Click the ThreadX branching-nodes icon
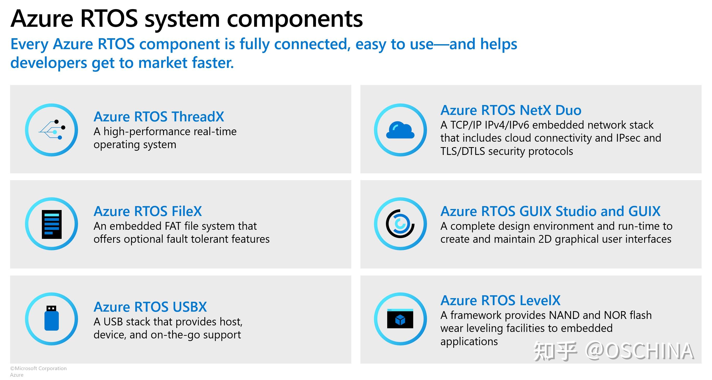pyautogui.click(x=52, y=130)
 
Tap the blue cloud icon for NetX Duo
pyautogui.click(x=400, y=130)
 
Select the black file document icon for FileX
pyautogui.click(x=52, y=224)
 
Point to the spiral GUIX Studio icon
pyautogui.click(x=400, y=224)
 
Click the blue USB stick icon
pyautogui.click(x=52, y=318)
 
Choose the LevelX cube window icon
pyautogui.click(x=400, y=318)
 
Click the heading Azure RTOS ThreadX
pyautogui.click(x=159, y=117)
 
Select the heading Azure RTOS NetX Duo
pyautogui.click(x=511, y=110)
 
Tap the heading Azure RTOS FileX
pyautogui.click(x=148, y=211)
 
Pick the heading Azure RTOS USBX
pyautogui.click(x=150, y=307)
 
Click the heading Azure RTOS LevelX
pyautogui.click(x=500, y=300)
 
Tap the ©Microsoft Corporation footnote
pyautogui.click(x=38, y=368)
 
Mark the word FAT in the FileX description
pyautogui.click(x=173, y=226)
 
